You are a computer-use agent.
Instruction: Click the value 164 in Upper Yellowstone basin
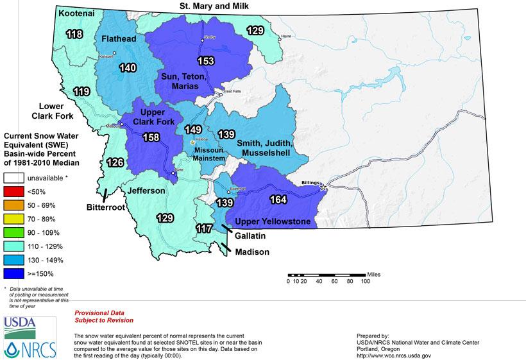click(279, 200)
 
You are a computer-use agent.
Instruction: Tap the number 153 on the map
click(206, 62)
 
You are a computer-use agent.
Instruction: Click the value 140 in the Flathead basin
click(126, 67)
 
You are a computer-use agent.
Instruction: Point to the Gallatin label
click(251, 236)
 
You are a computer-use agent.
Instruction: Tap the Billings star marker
click(323, 187)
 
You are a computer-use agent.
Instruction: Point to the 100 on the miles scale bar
click(365, 281)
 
